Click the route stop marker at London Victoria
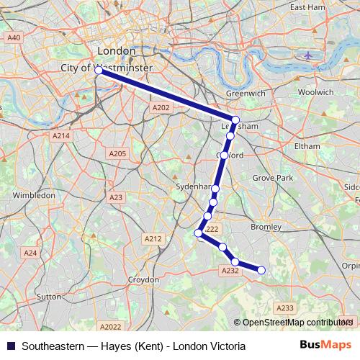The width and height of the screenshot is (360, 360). tap(98, 71)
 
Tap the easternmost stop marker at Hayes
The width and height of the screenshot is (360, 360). tap(261, 270)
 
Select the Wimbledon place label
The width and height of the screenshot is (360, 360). tap(34, 195)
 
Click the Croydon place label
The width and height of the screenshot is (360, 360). tap(143, 279)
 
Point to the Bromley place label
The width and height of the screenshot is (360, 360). tap(266, 227)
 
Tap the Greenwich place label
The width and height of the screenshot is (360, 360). tap(246, 94)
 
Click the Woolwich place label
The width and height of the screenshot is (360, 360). tap(315, 92)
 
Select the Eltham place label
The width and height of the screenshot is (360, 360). tap(307, 145)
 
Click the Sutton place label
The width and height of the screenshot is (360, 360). tap(48, 296)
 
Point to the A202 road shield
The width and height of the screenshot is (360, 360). tap(161, 107)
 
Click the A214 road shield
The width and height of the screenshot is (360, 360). tap(61, 135)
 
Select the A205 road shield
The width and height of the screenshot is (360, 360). tap(117, 153)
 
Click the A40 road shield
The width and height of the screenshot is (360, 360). tap(14, 37)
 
